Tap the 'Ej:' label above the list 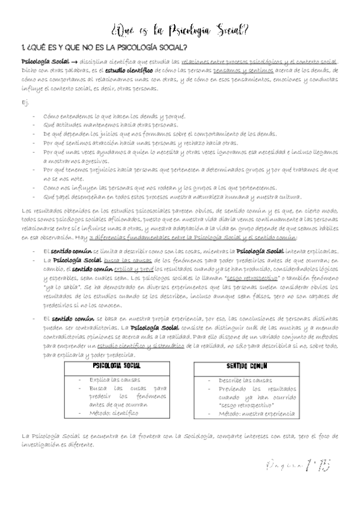(x=25, y=102)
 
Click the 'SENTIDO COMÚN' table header (x=246, y=366)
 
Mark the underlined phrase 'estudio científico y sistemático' (x=141, y=338)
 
